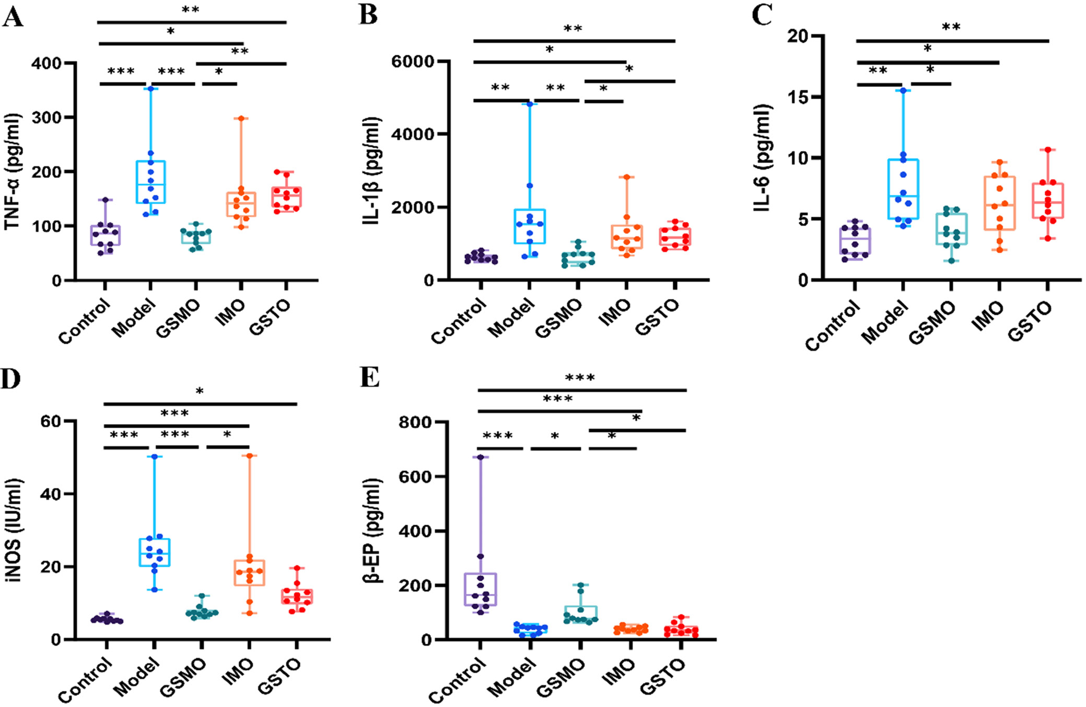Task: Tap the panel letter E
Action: [x=370, y=377]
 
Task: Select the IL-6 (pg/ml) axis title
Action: [x=762, y=158]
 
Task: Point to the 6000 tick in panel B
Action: [x=413, y=62]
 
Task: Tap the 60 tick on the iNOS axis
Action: [x=51, y=421]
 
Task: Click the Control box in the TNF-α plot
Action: [x=106, y=235]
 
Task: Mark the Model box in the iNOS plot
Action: [x=155, y=552]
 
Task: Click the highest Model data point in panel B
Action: [x=529, y=104]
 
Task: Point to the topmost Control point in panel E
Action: [x=481, y=457]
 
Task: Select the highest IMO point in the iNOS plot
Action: [x=250, y=456]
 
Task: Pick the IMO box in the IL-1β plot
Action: [x=627, y=237]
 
